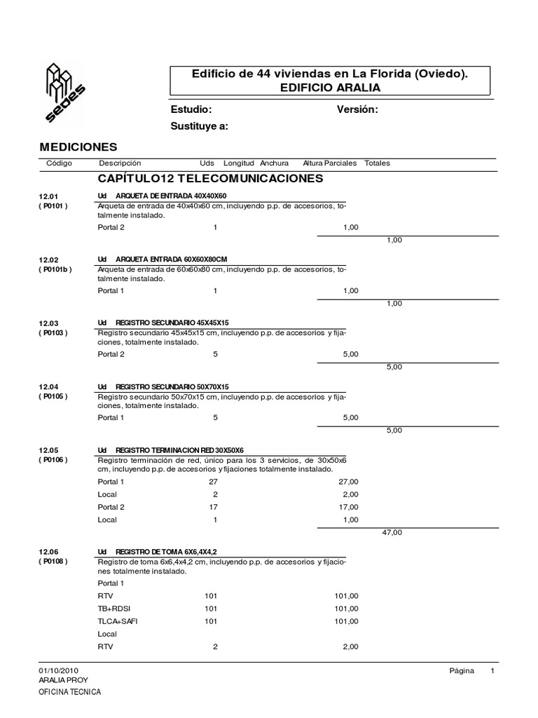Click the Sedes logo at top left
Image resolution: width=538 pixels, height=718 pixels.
click(x=64, y=91)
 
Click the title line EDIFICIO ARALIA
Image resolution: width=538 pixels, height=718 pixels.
click(x=330, y=88)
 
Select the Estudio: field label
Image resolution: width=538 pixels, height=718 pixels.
click(x=191, y=110)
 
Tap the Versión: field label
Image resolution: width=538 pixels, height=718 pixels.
click(x=357, y=110)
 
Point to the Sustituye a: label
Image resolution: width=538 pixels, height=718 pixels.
click(x=200, y=126)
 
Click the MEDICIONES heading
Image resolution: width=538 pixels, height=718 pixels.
click(x=78, y=147)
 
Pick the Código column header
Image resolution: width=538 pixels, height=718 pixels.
click(x=59, y=163)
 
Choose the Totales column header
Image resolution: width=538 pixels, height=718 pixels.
click(x=377, y=163)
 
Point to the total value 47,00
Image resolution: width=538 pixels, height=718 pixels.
click(x=392, y=533)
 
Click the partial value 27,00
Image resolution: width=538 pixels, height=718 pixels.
click(x=347, y=482)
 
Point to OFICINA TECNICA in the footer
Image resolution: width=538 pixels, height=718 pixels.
click(x=69, y=693)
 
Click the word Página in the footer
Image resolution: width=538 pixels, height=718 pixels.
click(x=462, y=671)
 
